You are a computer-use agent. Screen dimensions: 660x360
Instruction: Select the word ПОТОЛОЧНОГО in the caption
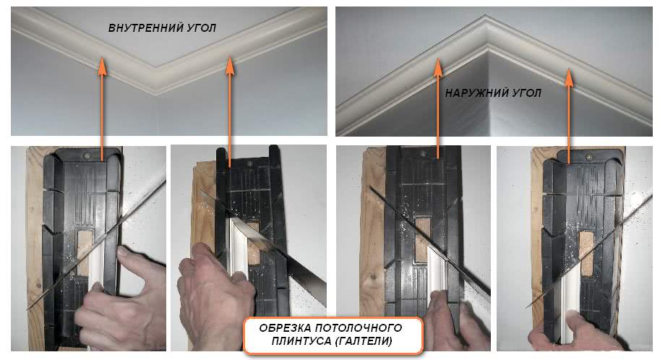[x=359, y=328]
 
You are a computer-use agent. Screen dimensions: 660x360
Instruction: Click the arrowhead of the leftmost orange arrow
[x=102, y=66]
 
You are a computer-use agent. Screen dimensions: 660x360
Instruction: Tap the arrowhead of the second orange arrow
[x=229, y=66]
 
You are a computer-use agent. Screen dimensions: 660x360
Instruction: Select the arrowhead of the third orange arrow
[x=438, y=67]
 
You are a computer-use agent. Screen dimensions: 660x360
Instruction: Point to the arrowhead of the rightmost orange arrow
[x=569, y=77]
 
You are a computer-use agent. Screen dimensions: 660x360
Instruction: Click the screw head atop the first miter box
[x=87, y=155]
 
